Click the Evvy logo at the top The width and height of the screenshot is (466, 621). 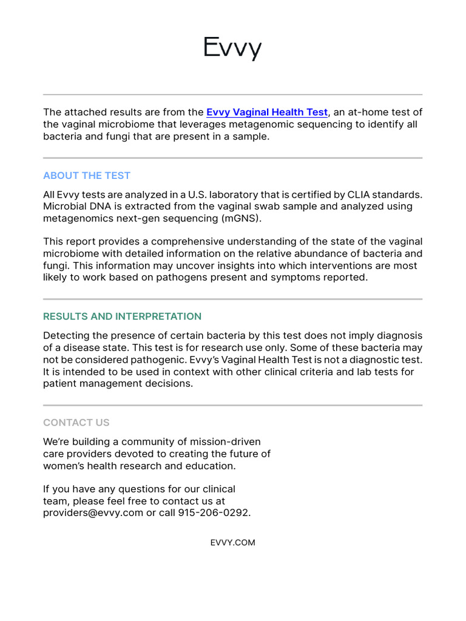(232, 48)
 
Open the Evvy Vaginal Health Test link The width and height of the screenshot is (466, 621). (266, 112)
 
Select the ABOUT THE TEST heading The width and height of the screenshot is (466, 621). (87, 176)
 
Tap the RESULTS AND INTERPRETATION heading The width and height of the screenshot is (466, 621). (122, 317)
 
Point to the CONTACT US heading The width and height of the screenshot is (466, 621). (76, 423)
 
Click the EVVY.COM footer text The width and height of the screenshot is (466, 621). (232, 543)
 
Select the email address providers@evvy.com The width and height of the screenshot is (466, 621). (93, 513)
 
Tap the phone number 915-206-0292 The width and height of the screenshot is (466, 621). (214, 513)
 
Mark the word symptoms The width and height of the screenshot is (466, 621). (308, 277)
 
